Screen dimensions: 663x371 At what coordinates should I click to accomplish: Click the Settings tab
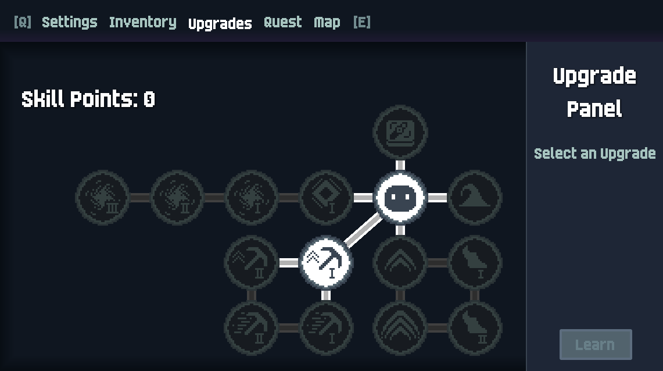(x=70, y=22)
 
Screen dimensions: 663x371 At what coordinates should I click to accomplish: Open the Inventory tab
(x=143, y=23)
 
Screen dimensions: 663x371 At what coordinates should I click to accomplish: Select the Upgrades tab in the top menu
(x=220, y=24)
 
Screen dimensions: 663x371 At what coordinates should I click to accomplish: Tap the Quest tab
(x=283, y=22)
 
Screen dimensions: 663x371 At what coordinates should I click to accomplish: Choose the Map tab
(x=327, y=23)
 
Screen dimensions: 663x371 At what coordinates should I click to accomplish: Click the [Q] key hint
(x=23, y=22)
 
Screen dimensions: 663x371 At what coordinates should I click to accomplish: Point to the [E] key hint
(x=362, y=22)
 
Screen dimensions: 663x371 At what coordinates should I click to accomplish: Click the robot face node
(x=400, y=197)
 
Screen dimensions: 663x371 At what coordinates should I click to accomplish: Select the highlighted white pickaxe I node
(x=325, y=262)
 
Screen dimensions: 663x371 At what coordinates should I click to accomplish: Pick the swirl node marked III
(x=102, y=197)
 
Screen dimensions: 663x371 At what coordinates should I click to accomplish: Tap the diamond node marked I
(x=325, y=197)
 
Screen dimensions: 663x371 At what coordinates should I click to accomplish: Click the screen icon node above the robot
(x=400, y=132)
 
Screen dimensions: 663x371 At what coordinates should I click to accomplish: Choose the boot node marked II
(x=474, y=327)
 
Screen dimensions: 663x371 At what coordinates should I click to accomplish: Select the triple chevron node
(x=400, y=327)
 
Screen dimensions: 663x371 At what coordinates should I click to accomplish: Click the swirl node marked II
(x=177, y=197)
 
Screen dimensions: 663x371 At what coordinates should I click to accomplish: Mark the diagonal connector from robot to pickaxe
(x=363, y=230)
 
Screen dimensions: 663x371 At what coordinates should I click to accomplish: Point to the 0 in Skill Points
(x=149, y=99)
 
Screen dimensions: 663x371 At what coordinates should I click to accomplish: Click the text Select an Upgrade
(x=594, y=154)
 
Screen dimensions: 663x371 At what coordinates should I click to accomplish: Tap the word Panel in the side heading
(x=594, y=109)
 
